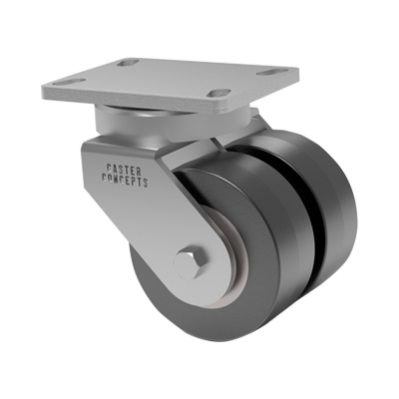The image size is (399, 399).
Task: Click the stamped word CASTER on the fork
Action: tap(124, 170)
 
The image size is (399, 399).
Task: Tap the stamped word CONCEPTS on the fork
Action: tap(125, 180)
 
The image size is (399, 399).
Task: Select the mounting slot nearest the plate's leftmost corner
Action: tap(70, 81)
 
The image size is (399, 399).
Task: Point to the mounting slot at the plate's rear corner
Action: tap(129, 62)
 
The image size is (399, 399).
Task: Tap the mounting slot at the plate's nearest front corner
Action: tap(221, 93)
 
